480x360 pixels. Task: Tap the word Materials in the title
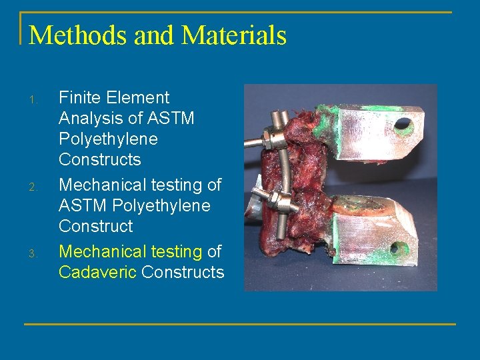click(234, 35)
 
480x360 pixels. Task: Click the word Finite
click(77, 98)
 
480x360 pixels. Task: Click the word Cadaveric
click(98, 272)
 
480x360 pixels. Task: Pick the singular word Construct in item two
click(95, 226)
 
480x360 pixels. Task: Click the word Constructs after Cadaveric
click(183, 272)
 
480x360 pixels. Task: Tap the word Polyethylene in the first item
click(108, 139)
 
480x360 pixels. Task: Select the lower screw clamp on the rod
click(281, 203)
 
